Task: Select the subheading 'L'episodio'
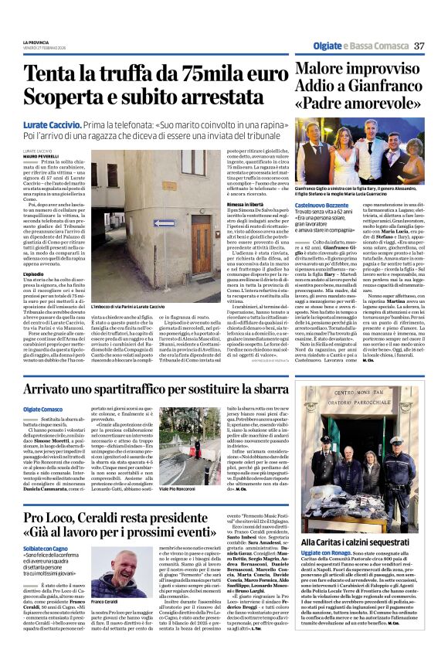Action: [34, 274]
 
